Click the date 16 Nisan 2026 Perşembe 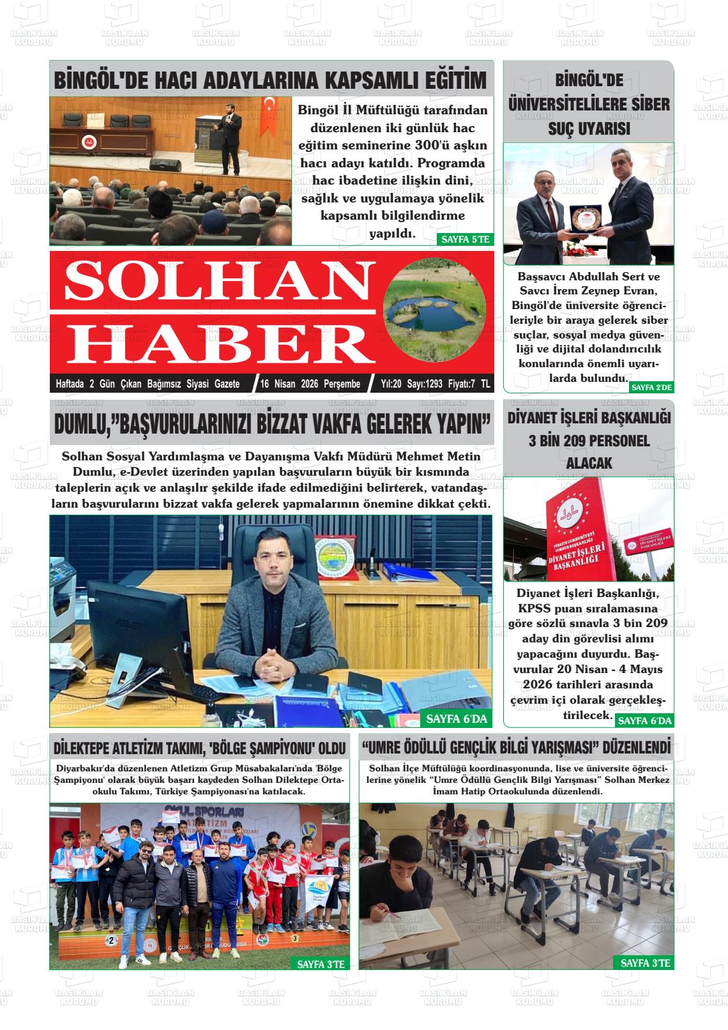point(310,384)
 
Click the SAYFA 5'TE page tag point(465,239)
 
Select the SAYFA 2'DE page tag point(651,387)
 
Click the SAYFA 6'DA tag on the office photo point(456,719)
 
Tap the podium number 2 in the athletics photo point(111,940)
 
